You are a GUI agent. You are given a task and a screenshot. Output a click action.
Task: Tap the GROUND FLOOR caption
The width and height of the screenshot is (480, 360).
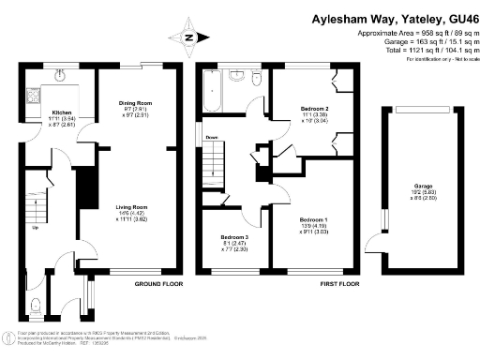[x=158, y=283]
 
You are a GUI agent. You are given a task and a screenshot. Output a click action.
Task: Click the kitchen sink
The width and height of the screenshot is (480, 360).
[x=58, y=73]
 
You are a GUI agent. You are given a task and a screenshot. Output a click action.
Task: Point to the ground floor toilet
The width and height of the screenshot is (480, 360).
[x=35, y=305]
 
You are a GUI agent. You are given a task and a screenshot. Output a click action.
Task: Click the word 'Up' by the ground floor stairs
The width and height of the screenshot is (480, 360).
[x=36, y=228]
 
